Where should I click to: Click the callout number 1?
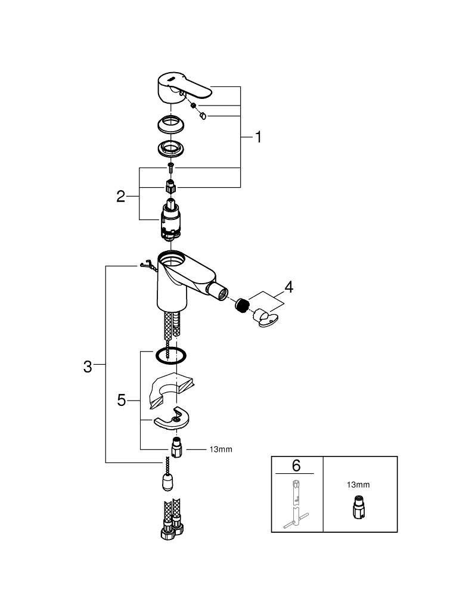click(x=259, y=137)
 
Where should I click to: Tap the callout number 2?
click(x=120, y=197)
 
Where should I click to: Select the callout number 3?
click(x=88, y=367)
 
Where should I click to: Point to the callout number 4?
click(x=289, y=287)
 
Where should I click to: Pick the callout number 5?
click(x=121, y=401)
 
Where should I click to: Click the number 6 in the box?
click(x=296, y=465)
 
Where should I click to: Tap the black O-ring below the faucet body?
click(x=170, y=356)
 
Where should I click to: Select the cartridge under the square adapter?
click(x=170, y=221)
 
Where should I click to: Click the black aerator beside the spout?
click(x=242, y=305)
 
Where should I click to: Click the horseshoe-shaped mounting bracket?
click(x=172, y=419)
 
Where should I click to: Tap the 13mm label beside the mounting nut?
click(x=221, y=449)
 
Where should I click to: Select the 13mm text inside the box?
click(x=358, y=485)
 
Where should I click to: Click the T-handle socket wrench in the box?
click(x=296, y=504)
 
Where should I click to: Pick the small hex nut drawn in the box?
click(x=359, y=507)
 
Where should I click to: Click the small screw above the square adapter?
click(x=170, y=166)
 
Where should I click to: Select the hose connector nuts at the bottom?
click(x=172, y=529)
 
